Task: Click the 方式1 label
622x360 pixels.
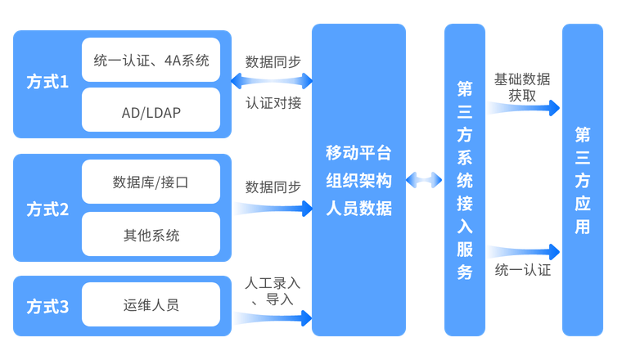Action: tap(47, 83)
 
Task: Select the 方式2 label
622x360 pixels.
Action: tap(47, 209)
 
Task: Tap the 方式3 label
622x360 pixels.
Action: tap(47, 307)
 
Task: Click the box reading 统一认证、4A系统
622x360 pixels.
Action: tap(151, 60)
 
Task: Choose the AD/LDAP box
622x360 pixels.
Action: tap(151, 110)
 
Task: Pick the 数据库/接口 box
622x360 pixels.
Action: tap(151, 182)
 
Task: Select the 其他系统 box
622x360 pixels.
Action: tap(151, 235)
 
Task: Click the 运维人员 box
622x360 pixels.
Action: tap(151, 305)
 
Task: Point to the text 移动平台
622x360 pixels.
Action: tap(359, 153)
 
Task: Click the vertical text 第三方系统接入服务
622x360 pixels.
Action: tap(465, 180)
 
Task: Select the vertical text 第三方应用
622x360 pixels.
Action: tap(582, 180)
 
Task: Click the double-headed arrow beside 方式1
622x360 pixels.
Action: tap(273, 80)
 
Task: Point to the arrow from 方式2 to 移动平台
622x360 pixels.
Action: tap(273, 209)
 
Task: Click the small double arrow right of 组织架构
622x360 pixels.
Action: tap(425, 179)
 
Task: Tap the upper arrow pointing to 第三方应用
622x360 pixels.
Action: tap(524, 107)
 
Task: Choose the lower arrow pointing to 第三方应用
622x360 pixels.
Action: tap(524, 250)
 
